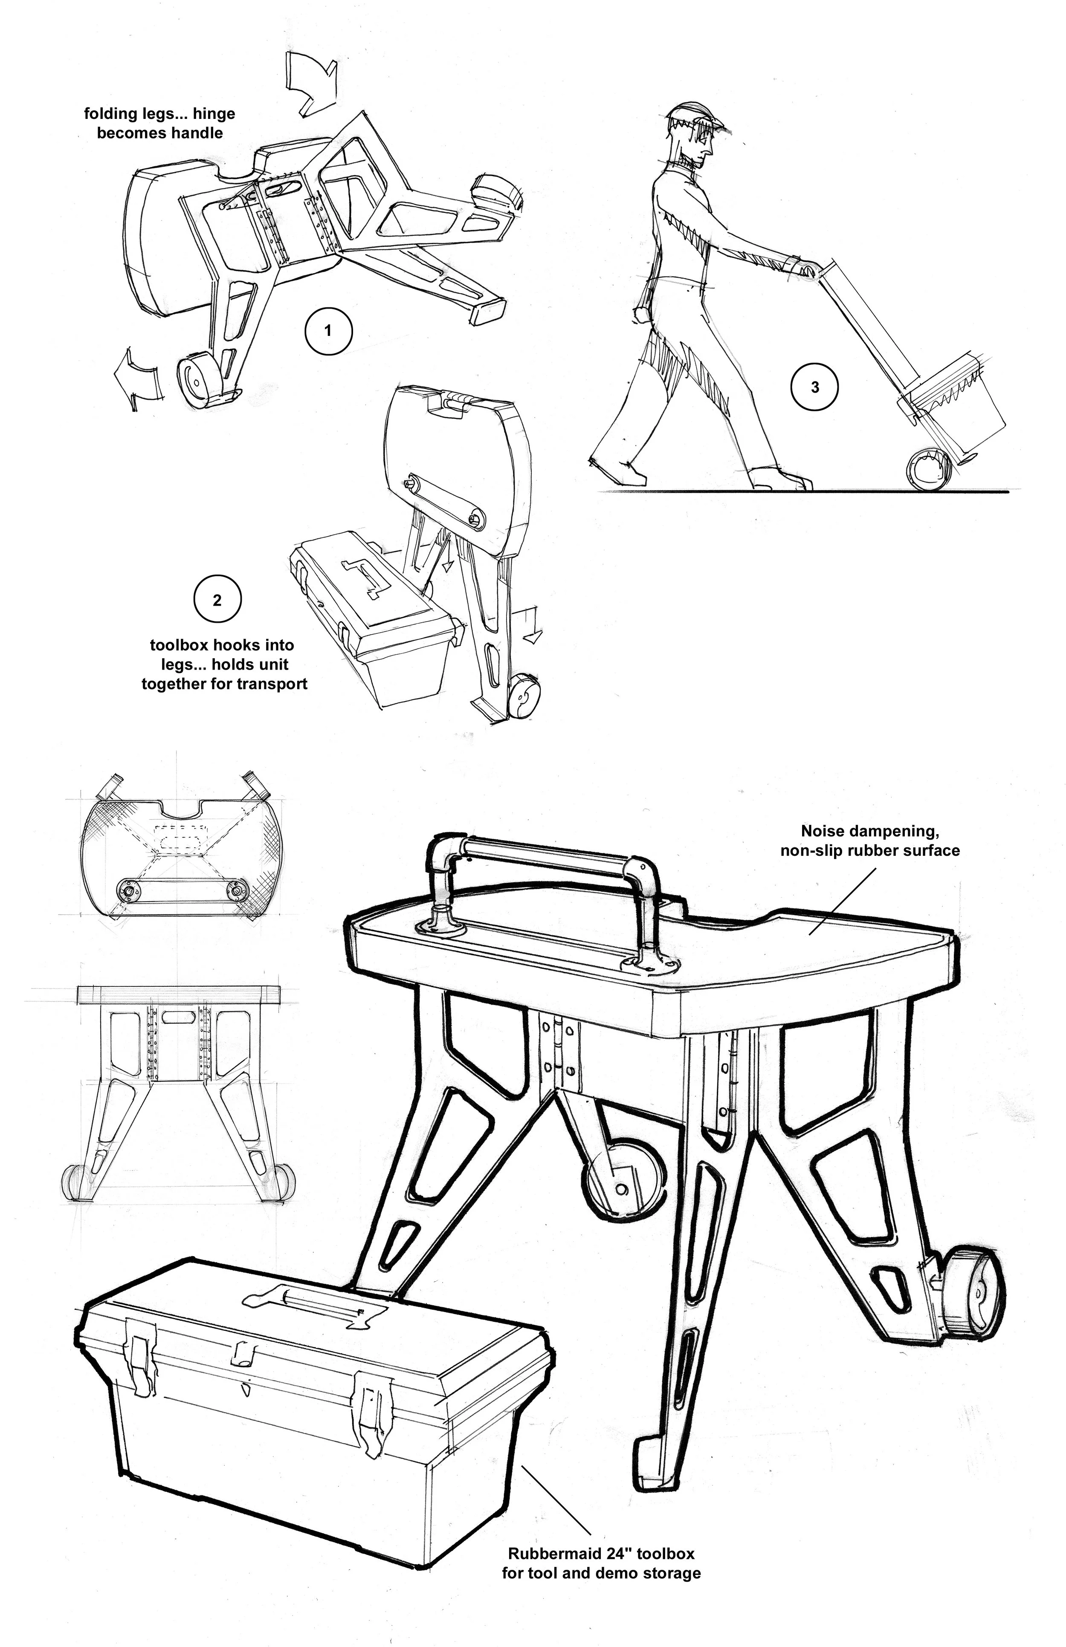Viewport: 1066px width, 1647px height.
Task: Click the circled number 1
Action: pos(328,331)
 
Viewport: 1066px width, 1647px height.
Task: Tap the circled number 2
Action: pos(217,600)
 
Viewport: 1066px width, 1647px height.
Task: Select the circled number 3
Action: pos(815,387)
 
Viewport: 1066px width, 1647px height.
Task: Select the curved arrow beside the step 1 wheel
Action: pos(139,379)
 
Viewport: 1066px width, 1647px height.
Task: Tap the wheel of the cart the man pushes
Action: pos(925,470)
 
